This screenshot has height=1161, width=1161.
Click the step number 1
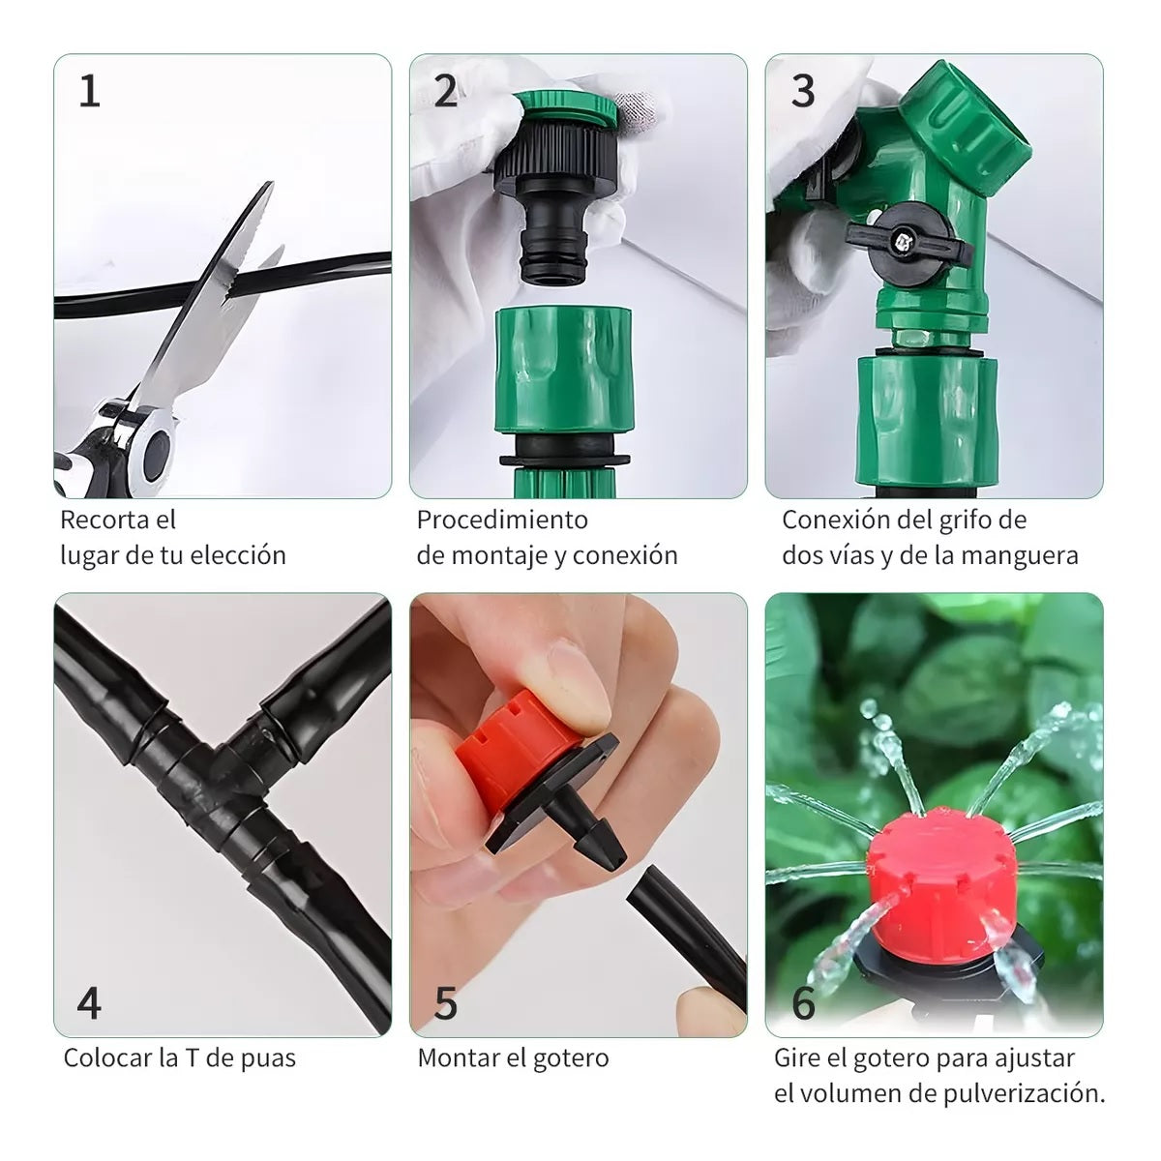point(89,93)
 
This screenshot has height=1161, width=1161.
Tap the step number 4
point(89,1003)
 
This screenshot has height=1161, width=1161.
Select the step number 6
point(803,1003)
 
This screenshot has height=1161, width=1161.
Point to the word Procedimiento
point(502,520)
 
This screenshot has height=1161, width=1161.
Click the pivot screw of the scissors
point(154,451)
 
